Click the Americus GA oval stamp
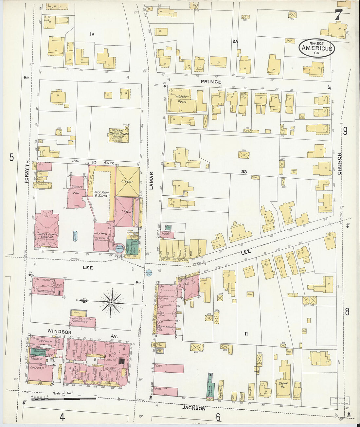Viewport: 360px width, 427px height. click(x=316, y=48)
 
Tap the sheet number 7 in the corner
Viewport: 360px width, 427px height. click(x=339, y=15)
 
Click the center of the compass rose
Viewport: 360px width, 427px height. click(x=111, y=303)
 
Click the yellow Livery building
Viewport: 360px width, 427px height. click(x=127, y=181)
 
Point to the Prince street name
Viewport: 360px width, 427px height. click(x=211, y=82)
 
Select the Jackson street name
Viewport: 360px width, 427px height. click(x=194, y=408)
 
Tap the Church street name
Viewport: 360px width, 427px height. click(x=339, y=164)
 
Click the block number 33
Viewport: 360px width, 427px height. click(x=244, y=171)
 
